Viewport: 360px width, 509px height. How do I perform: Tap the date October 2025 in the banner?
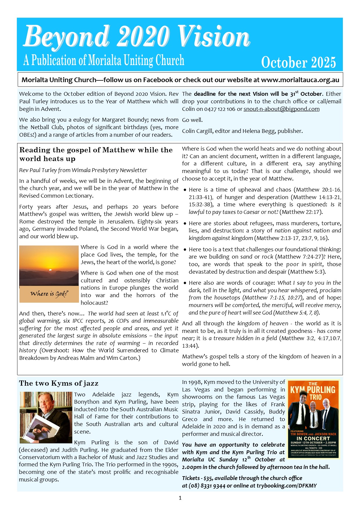pos(298,62)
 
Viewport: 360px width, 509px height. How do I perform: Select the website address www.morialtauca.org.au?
pos(300,80)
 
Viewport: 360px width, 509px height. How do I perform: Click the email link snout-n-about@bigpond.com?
pos(281,109)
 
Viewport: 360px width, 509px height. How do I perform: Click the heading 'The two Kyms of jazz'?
pos(59,383)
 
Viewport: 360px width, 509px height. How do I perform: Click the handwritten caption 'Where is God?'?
pos(49,294)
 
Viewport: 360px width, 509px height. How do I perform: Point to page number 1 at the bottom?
pos(180,498)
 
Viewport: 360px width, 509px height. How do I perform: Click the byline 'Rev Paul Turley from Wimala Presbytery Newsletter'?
pos(83,170)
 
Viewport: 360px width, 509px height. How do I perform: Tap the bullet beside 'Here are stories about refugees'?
pos(185,224)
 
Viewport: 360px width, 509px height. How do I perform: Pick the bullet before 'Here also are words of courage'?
pos(185,283)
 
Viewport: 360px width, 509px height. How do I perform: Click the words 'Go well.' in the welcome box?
pos(192,120)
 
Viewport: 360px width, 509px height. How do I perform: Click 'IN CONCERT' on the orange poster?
pos(313,438)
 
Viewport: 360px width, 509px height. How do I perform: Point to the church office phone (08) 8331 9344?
pos(207,485)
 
